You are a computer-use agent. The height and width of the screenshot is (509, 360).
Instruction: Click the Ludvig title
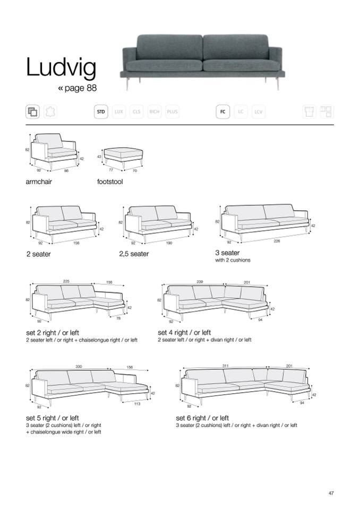coord(61,68)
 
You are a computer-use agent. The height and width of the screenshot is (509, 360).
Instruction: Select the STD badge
coord(101,112)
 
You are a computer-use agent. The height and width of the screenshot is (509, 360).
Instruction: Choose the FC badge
coord(222,112)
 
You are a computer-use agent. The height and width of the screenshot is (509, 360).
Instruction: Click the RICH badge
coord(155,112)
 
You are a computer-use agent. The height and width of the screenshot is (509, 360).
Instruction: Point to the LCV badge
coord(259,112)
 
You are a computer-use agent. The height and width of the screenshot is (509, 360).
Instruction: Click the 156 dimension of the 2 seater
coord(76,243)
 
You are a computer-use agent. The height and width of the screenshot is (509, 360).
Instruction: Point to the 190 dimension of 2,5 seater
coord(169,243)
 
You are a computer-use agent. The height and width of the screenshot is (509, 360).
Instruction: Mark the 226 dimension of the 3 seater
coord(277,241)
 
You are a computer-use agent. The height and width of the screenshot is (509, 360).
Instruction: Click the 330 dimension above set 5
coord(79,367)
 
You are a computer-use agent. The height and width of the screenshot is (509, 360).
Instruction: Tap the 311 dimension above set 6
coord(225,366)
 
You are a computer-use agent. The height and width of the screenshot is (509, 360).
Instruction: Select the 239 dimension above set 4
coord(200,282)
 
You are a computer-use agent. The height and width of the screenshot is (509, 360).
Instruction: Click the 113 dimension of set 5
coord(137,404)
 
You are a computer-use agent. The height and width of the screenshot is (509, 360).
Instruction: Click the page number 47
coord(331,494)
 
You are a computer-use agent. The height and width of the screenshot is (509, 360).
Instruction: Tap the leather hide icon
coord(52,112)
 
